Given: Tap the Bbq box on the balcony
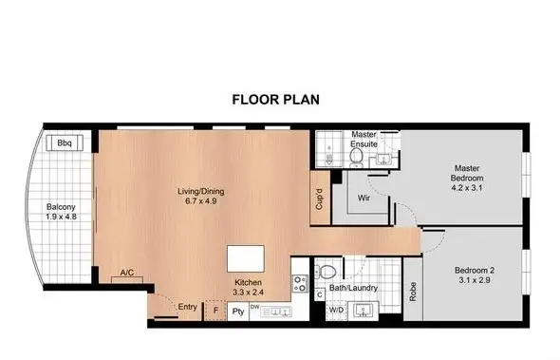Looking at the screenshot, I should pyautogui.click(x=65, y=143).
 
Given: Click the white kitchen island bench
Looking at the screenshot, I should pyautogui.click(x=246, y=259).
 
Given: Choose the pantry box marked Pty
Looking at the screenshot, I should pyautogui.click(x=238, y=310).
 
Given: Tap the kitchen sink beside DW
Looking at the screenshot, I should pyautogui.click(x=276, y=310).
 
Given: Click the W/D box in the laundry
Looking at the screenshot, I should pyautogui.click(x=335, y=310).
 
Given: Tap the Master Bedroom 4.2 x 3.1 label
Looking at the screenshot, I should pyautogui.click(x=466, y=180).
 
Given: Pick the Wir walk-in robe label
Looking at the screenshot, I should pyautogui.click(x=363, y=199).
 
